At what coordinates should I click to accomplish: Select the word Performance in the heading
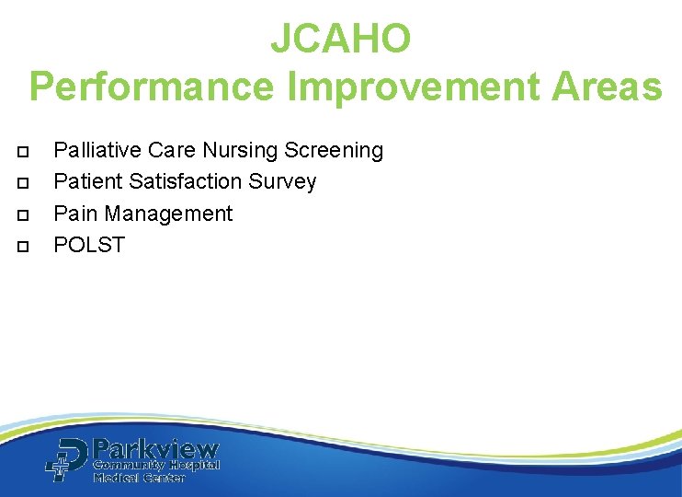[151, 87]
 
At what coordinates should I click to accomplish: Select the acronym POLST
[89, 245]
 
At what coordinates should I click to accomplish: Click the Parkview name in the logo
[156, 450]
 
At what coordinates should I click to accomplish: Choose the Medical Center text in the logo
[139, 478]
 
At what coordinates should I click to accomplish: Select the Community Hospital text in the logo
[155, 466]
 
